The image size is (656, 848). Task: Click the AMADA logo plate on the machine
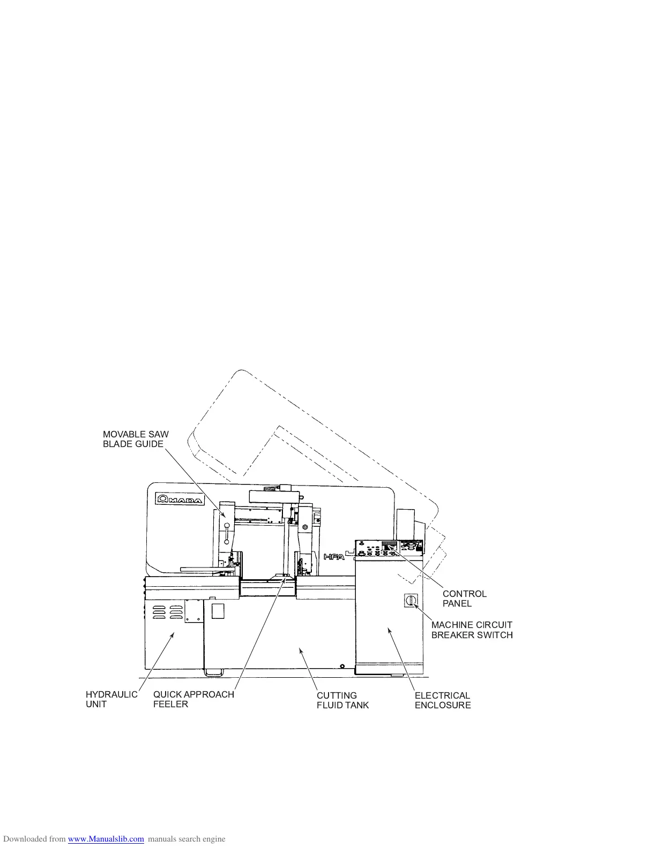(x=180, y=499)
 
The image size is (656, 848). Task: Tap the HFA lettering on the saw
(x=333, y=557)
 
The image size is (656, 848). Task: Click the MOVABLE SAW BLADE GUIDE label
(x=136, y=439)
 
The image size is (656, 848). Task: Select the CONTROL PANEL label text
(x=464, y=599)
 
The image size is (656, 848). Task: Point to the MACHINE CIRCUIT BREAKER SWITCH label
(x=472, y=630)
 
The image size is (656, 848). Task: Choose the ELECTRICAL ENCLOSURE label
(x=442, y=700)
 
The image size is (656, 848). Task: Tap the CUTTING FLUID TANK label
(x=342, y=700)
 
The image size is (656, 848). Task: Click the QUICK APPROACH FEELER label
(x=193, y=699)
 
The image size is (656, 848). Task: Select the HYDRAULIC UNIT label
(x=111, y=699)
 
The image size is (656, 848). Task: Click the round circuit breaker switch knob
(x=411, y=601)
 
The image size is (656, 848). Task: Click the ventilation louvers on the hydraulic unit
(x=167, y=612)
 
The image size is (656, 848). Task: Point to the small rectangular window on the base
(x=218, y=611)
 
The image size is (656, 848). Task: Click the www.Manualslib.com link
(x=106, y=839)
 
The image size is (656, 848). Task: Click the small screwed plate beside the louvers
(x=193, y=611)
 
